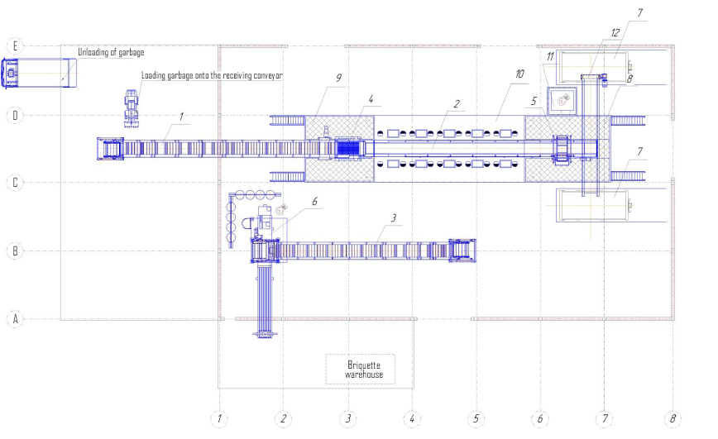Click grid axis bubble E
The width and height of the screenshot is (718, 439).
(x=14, y=45)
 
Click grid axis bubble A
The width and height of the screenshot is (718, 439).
(x=14, y=317)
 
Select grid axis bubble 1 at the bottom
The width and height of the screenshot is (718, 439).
(x=218, y=418)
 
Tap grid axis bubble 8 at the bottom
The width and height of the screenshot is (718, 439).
(x=673, y=418)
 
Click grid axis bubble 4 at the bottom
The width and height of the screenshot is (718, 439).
(x=411, y=418)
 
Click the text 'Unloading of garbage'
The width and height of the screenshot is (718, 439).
(x=111, y=53)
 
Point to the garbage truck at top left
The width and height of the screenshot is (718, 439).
(x=37, y=74)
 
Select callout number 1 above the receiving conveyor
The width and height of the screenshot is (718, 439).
(x=181, y=117)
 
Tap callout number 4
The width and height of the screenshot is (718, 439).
(x=371, y=99)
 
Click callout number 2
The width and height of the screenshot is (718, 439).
(x=456, y=103)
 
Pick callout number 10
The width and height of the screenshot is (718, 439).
(x=518, y=74)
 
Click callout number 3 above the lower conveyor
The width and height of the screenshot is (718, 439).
(x=395, y=217)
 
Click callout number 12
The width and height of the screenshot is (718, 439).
(x=615, y=32)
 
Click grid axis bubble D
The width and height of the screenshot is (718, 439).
(x=14, y=115)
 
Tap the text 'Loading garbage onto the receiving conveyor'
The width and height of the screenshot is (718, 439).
(x=212, y=75)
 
